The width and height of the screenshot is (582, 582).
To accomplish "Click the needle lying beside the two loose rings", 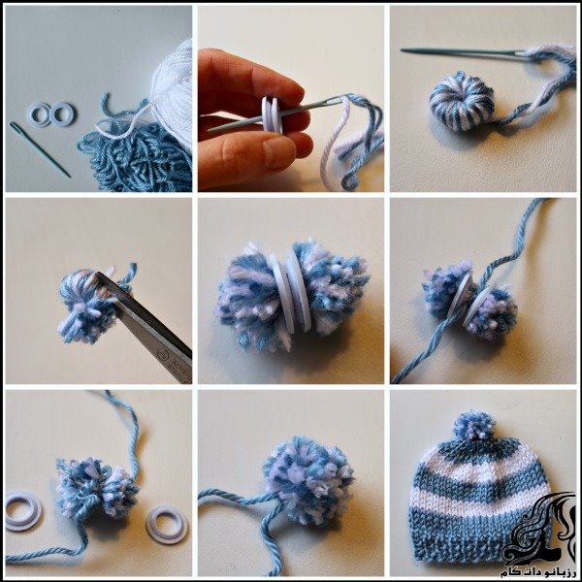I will click(x=40, y=148).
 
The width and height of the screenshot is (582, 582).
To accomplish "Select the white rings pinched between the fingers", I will click(x=272, y=114).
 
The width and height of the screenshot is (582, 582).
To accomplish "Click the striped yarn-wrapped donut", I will click(x=462, y=101).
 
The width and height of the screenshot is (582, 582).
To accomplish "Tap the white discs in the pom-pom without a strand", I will click(x=292, y=295).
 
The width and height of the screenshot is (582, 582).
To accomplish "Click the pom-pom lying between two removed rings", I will click(x=96, y=487).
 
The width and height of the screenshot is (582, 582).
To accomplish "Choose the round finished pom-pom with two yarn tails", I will click(x=308, y=479).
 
